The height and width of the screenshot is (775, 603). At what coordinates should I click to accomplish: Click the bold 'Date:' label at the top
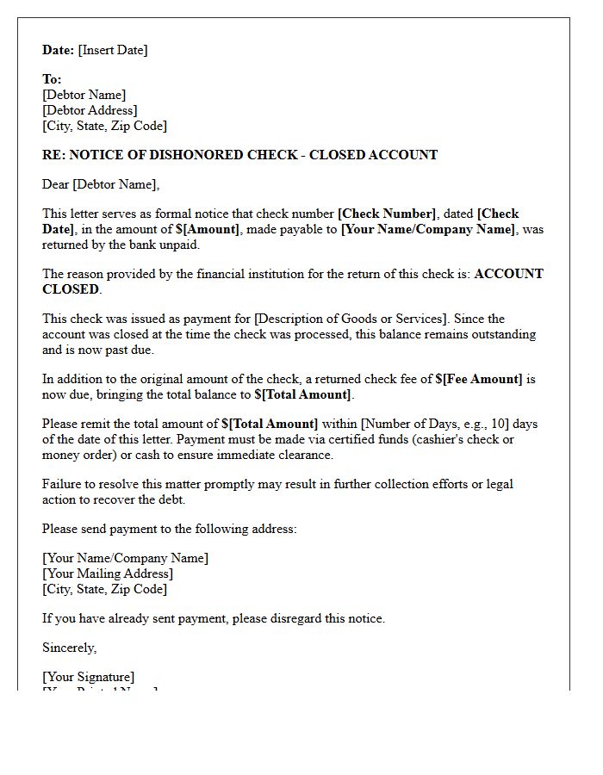(59, 50)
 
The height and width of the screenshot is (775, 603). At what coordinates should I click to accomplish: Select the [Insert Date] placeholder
(113, 50)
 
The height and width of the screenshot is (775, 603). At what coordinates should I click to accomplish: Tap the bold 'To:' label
(52, 79)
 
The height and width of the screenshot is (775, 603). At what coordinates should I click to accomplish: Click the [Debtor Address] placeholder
(90, 110)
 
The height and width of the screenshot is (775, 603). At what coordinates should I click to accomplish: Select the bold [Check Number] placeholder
(387, 214)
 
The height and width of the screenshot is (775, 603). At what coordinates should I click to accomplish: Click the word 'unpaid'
(180, 245)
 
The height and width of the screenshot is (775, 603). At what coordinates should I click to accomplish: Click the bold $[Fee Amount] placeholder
(479, 379)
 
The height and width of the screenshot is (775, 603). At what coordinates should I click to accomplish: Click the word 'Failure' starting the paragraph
(62, 484)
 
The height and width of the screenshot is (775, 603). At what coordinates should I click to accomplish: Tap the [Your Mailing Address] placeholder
(108, 573)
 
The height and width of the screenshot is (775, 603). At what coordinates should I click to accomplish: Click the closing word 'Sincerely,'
(70, 648)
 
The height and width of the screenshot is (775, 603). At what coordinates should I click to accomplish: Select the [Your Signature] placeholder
(89, 677)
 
